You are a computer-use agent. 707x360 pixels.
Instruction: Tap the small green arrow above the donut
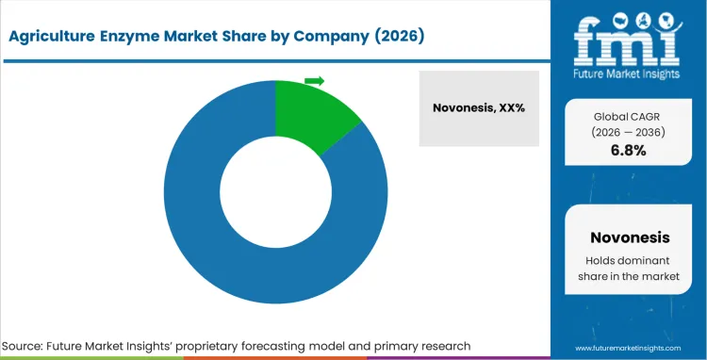315,81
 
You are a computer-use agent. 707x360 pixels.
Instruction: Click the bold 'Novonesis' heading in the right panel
628,237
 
